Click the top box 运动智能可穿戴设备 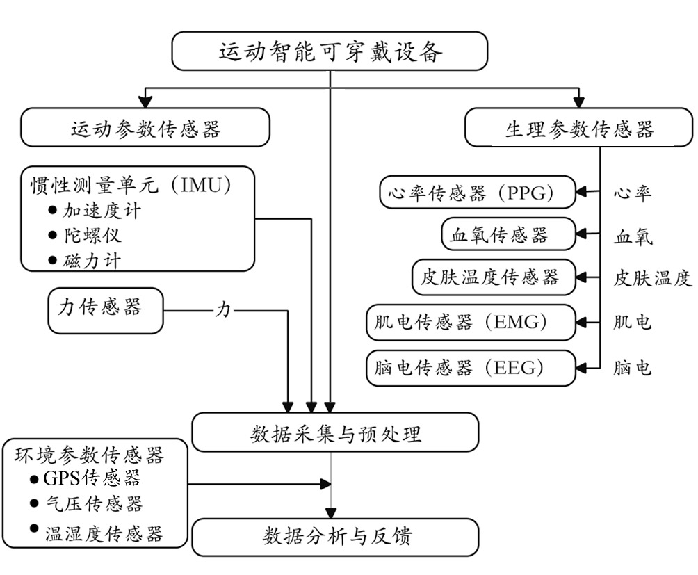[330, 51]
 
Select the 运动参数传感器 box [145, 128]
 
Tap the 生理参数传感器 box [578, 128]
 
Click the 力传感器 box [106, 311]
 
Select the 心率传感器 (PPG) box [478, 193]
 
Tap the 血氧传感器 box [508, 234]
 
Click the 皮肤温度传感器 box [494, 277]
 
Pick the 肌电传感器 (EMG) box [471, 322]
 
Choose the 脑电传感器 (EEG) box [471, 368]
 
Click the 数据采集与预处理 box [335, 432]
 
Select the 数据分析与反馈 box [335, 537]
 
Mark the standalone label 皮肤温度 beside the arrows [652, 278]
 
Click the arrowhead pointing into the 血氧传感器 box [581, 234]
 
